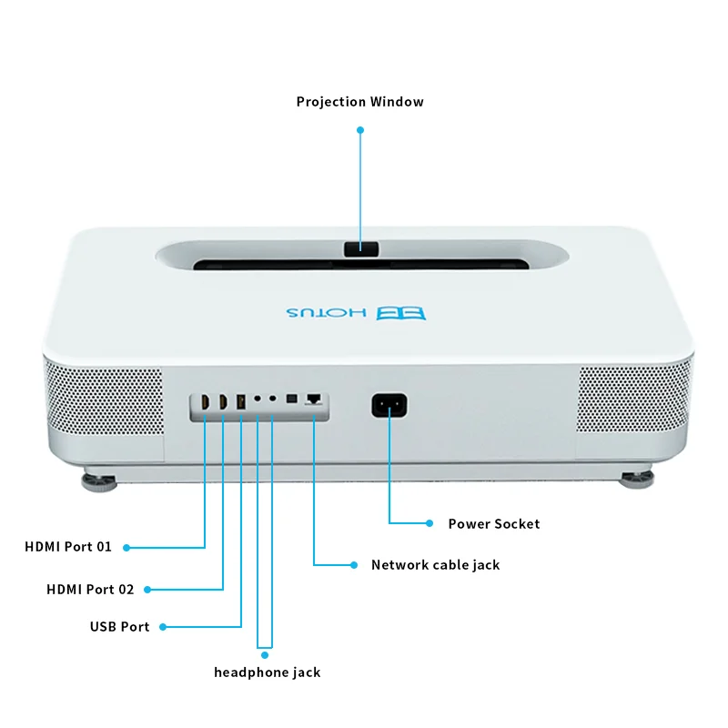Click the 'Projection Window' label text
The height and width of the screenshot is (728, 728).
(359, 102)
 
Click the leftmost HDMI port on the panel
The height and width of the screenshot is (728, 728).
(204, 401)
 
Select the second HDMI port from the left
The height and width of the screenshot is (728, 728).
(222, 401)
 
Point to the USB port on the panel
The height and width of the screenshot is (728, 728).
(241, 401)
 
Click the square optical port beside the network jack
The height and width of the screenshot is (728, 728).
(291, 399)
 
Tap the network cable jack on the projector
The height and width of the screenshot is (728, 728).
(314, 399)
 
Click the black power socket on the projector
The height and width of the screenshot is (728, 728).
(389, 404)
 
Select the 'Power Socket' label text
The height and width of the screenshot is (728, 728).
(493, 524)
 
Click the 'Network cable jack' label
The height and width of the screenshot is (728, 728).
(435, 565)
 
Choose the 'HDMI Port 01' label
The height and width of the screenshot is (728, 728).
(68, 547)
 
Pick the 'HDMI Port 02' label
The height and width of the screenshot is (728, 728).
(90, 590)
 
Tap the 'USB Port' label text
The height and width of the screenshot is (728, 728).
(119, 626)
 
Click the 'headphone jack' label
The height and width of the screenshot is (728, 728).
(267, 672)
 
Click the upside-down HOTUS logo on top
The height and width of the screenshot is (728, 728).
(355, 312)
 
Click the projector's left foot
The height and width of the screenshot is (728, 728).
(101, 479)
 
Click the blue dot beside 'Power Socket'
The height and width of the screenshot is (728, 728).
(430, 523)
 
